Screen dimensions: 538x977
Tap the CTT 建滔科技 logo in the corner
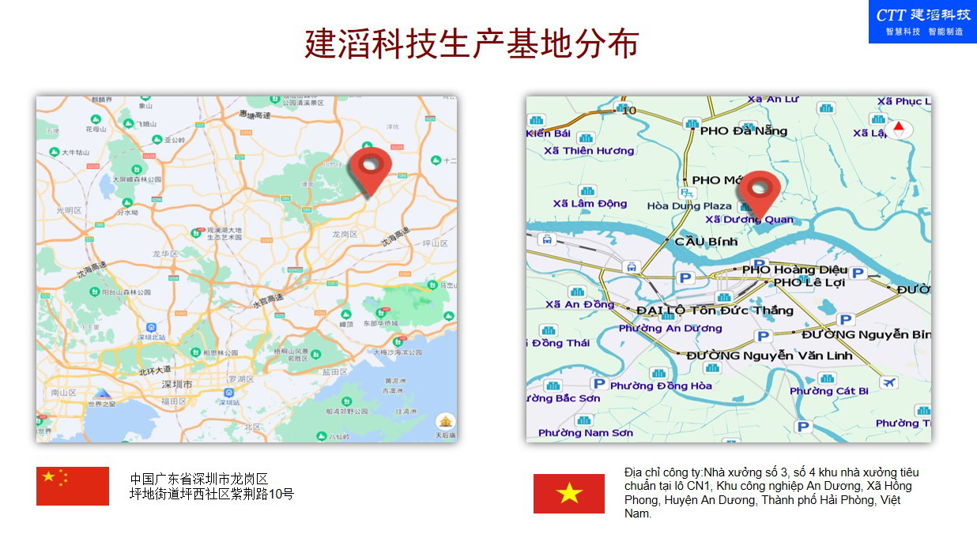click(922, 21)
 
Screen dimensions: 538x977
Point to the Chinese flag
click(73, 486)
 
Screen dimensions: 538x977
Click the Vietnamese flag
click(569, 494)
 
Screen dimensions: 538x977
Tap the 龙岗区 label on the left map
click(345, 235)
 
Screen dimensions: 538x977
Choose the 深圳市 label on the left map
click(177, 384)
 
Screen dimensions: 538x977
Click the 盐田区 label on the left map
click(334, 371)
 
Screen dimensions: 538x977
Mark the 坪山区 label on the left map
click(436, 243)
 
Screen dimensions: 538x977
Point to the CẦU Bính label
click(705, 241)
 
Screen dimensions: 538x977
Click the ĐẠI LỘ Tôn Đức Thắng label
click(714, 310)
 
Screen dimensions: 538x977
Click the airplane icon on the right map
click(889, 383)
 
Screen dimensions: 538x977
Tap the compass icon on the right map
click(898, 129)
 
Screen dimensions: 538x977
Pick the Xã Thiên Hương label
click(594, 151)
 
